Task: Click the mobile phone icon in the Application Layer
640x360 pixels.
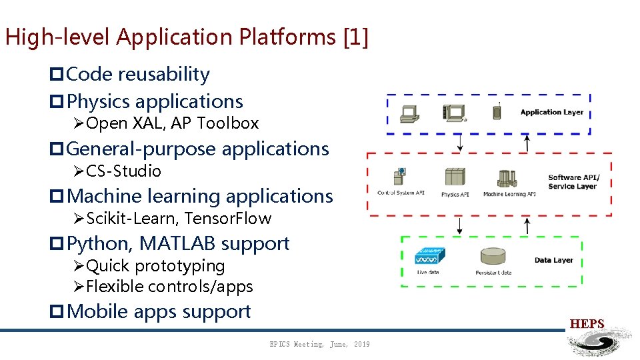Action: coord(497,112)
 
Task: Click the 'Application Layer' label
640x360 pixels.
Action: coord(551,112)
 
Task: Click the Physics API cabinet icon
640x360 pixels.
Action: coord(455,177)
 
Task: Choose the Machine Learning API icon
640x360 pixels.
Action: coord(508,179)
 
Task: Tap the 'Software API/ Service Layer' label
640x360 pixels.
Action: coord(573,182)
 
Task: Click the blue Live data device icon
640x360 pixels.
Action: coord(429,257)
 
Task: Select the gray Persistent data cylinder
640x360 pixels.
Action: coord(493,257)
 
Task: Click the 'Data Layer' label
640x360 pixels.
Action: coord(553,260)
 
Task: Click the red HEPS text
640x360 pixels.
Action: coord(587,325)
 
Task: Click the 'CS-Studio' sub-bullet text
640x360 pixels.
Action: coord(123,171)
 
